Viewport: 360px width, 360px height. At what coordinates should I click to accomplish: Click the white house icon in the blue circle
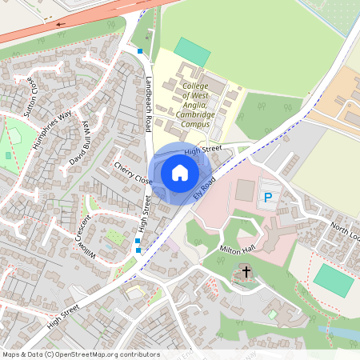[180, 172]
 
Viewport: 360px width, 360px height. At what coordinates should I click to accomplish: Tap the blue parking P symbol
[268, 197]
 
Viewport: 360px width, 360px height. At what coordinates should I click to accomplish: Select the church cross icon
[246, 273]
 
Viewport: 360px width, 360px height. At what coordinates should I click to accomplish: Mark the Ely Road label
[204, 190]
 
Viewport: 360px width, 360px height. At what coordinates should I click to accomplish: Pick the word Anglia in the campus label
[195, 102]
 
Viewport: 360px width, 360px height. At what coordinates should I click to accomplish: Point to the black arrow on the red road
[60, 24]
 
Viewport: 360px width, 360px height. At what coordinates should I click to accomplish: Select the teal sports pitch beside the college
[192, 52]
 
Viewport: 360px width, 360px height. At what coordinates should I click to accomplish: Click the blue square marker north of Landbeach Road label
[141, 51]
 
